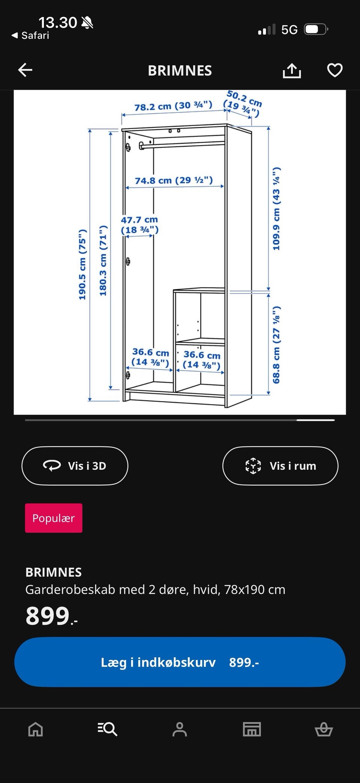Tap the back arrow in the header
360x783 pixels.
pos(25,70)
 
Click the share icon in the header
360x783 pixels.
pos(292,70)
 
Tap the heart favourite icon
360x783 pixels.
pos(335,70)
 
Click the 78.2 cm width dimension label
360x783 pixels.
pos(173,106)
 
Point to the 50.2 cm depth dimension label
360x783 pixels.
pos(243,104)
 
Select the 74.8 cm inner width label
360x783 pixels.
pos(174,180)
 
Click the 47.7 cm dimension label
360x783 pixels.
pos(139,225)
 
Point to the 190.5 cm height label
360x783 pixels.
pos(82,265)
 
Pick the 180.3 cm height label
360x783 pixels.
pos(103,261)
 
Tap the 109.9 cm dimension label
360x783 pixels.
pos(276,209)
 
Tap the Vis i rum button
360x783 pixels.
pos(280,466)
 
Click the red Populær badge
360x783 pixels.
pos(54,518)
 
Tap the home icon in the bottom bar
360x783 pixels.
pos(36,729)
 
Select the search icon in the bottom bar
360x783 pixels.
pos(108,729)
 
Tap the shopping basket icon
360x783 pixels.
pos(324,729)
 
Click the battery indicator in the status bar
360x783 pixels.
pos(316,29)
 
